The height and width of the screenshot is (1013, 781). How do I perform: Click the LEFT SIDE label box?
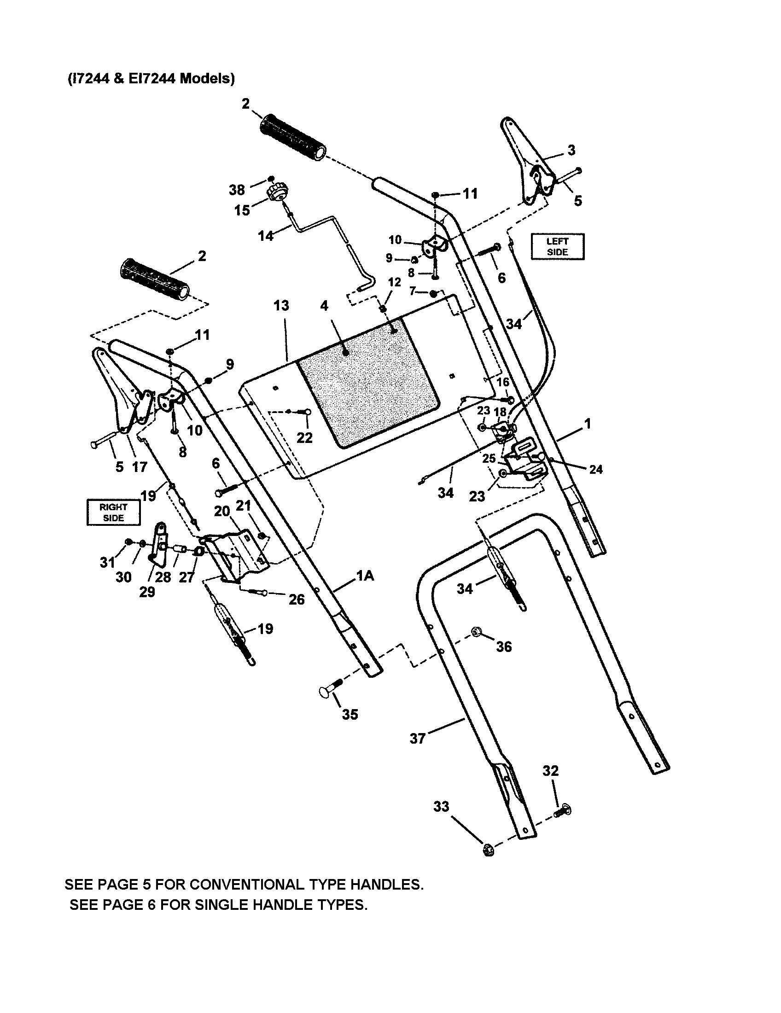(x=557, y=246)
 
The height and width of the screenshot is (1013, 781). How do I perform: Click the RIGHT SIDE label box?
(x=113, y=512)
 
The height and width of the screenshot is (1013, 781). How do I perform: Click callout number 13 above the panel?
(x=281, y=305)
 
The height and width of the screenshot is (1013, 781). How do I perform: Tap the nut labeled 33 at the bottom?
(x=487, y=849)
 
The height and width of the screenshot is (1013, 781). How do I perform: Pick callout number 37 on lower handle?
(x=417, y=738)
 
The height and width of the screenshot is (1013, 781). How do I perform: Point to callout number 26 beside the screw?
(x=297, y=599)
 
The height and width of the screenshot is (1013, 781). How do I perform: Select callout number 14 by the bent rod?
(x=266, y=236)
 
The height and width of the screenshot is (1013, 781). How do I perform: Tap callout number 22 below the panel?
(x=304, y=437)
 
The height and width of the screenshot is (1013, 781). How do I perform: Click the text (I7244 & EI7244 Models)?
(x=151, y=78)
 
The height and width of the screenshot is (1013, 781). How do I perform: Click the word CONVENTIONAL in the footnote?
(x=247, y=884)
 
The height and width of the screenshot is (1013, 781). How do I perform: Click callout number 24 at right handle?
(x=595, y=469)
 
